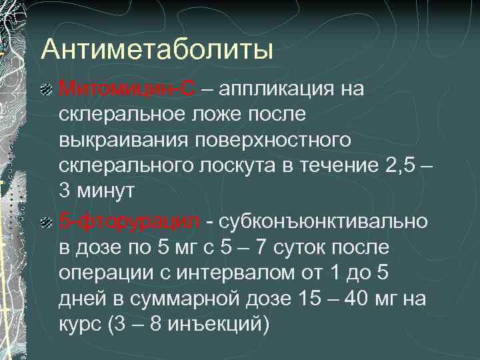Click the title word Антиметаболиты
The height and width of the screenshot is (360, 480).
(157, 49)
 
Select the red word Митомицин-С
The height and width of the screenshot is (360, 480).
(127, 89)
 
